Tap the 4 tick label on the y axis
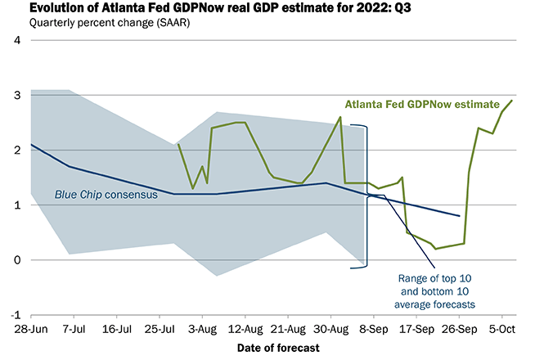click(x=16, y=41)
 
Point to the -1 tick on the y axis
click(x=14, y=315)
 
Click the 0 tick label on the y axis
click(x=16, y=260)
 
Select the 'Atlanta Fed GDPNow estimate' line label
click(x=422, y=105)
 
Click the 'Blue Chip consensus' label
click(x=106, y=195)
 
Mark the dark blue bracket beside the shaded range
click(x=367, y=196)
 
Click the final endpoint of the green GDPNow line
click(x=512, y=101)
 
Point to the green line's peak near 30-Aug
click(x=340, y=117)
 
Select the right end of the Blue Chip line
click(x=460, y=216)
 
